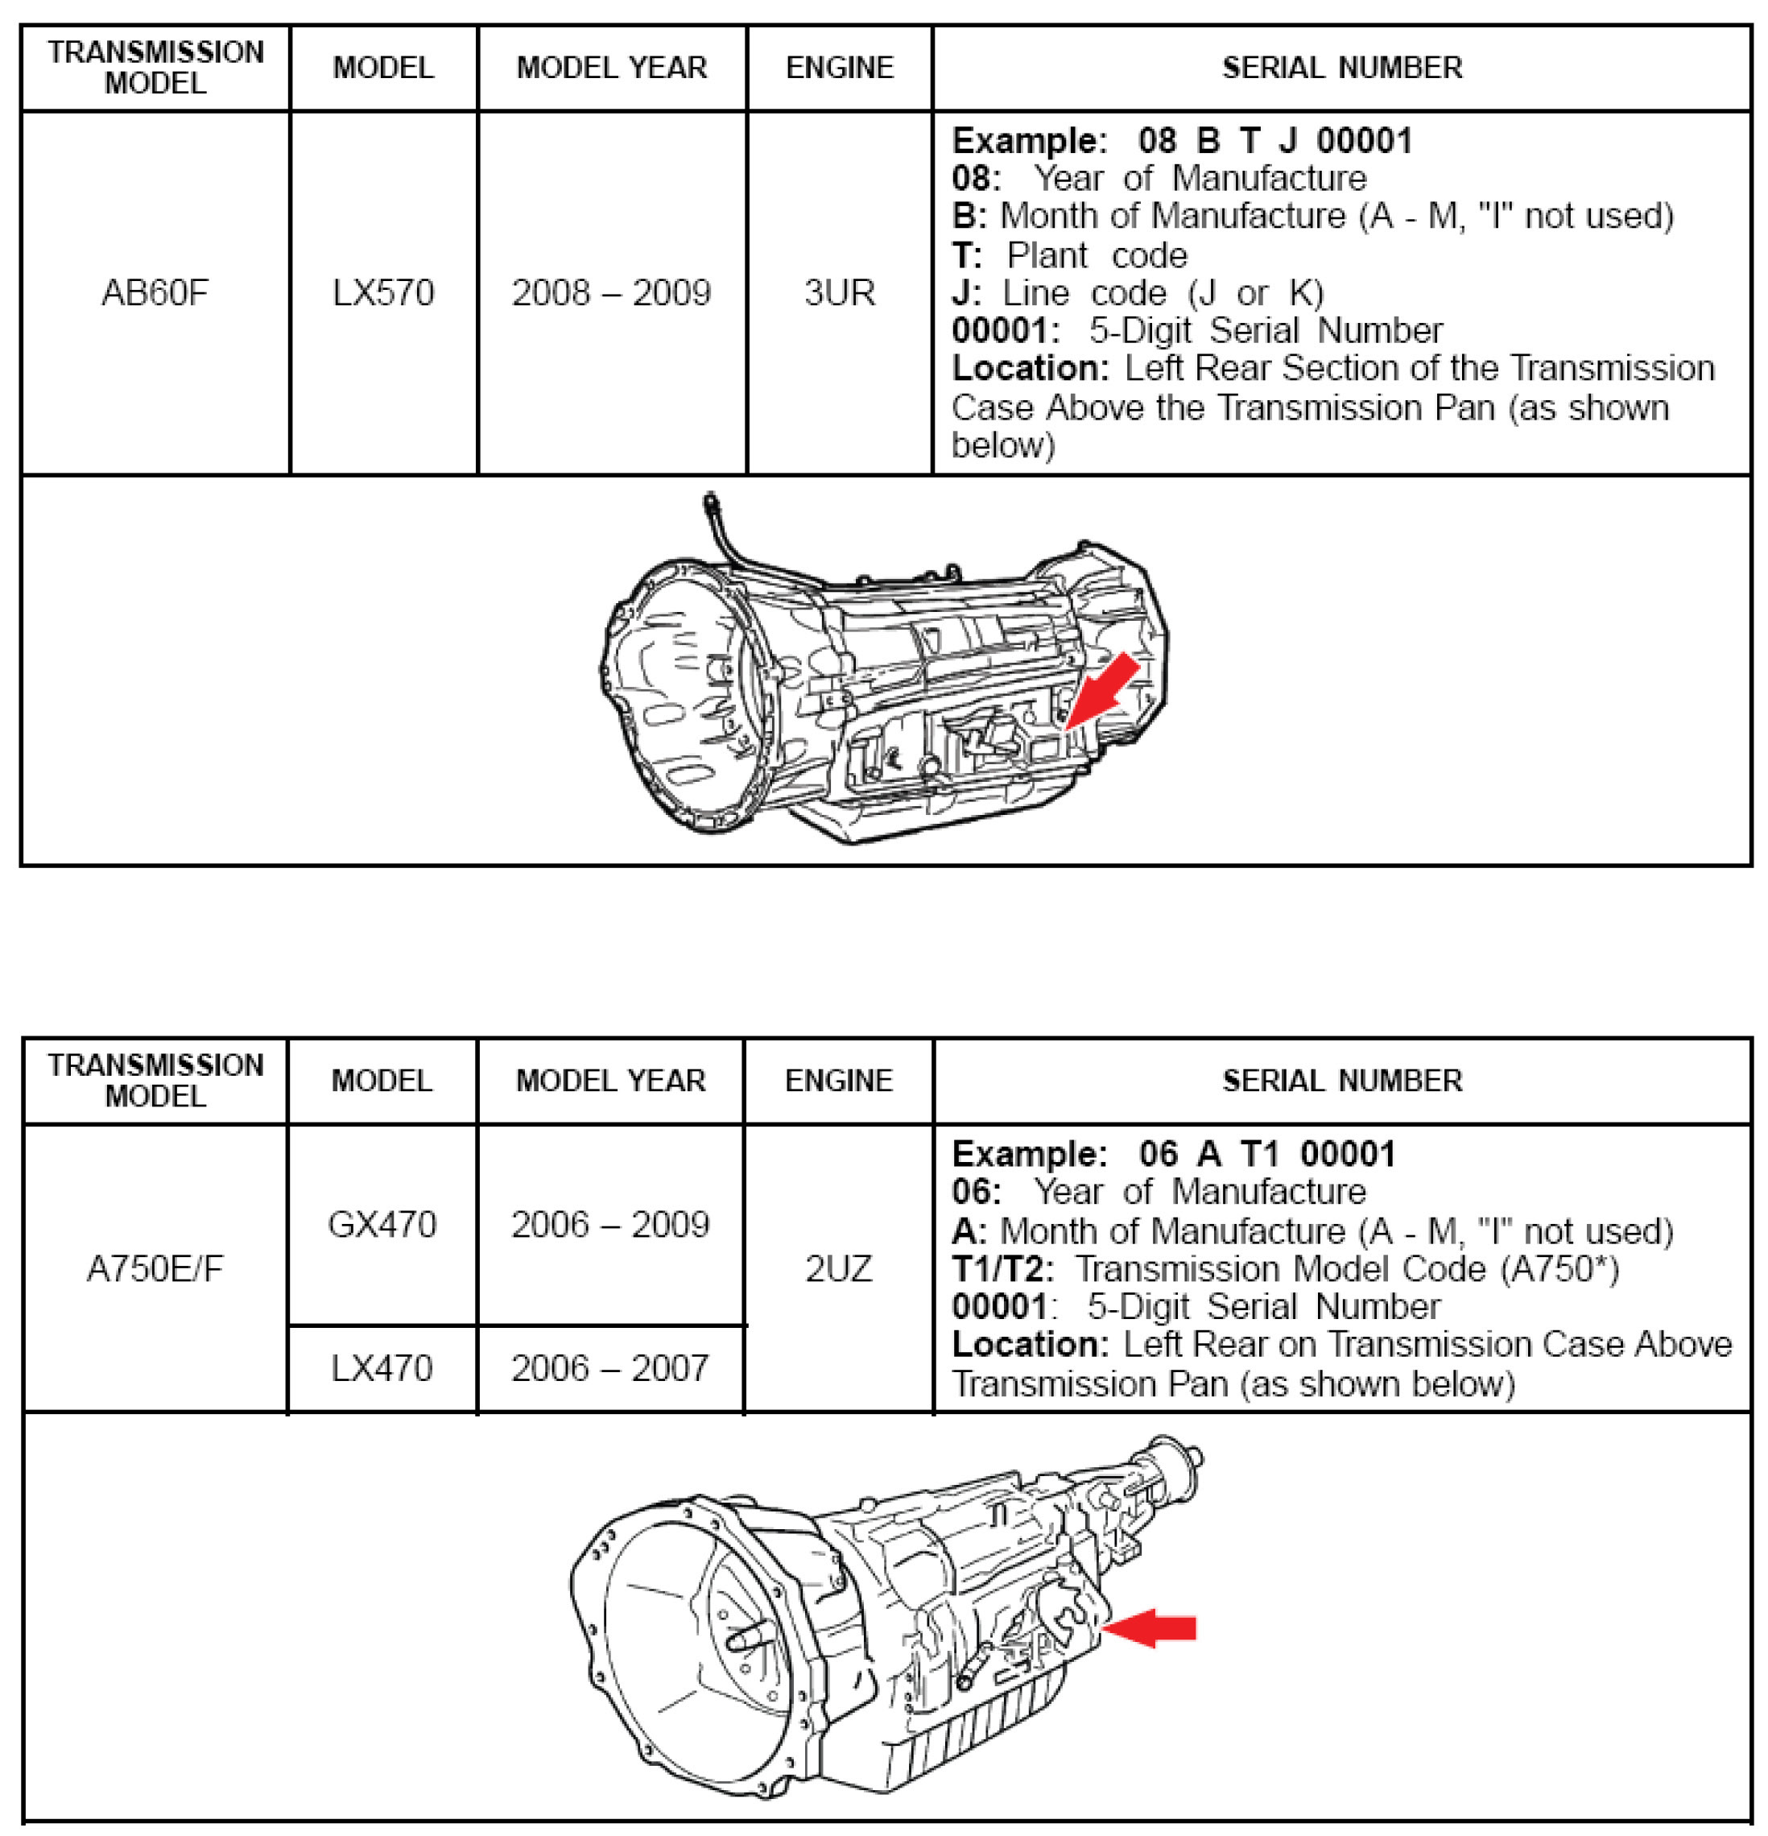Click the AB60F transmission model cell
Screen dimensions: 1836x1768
tap(155, 293)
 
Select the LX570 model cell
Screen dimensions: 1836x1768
tap(383, 293)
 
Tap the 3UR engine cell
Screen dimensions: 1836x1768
tap(839, 293)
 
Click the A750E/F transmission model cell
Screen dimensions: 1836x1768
tap(155, 1268)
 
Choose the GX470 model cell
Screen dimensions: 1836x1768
tap(382, 1224)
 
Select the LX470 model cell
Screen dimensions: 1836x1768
tap(382, 1369)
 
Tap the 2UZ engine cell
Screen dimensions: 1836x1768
tap(838, 1268)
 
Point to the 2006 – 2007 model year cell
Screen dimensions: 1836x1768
tap(610, 1369)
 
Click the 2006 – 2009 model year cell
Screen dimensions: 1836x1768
tap(610, 1224)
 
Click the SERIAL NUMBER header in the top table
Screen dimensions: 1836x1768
tap(1342, 68)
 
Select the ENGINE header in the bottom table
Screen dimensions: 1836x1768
tap(838, 1080)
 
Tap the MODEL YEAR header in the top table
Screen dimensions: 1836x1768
tap(612, 68)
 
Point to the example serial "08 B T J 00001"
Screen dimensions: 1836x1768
tap(1275, 140)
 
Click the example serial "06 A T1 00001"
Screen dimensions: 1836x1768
tap(1267, 1154)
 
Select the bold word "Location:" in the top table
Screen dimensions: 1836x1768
tap(1029, 368)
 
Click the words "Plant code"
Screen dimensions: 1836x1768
tap(1097, 254)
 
